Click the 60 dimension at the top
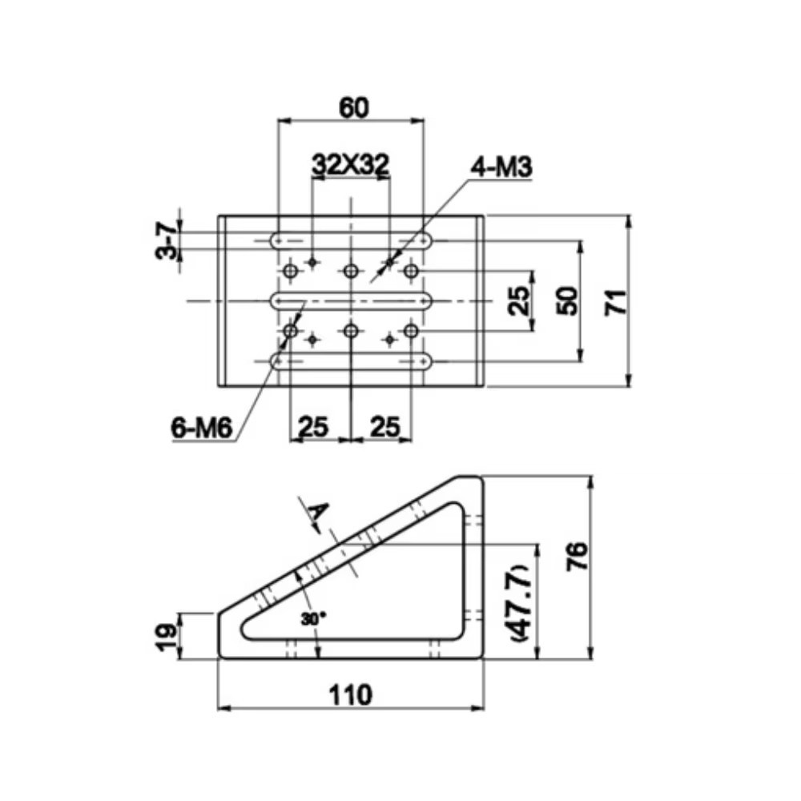tap(353, 108)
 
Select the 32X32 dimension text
tap(351, 163)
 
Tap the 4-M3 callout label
tap(501, 167)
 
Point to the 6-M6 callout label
tap(202, 427)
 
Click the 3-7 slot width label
tap(167, 240)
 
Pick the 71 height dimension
tap(615, 301)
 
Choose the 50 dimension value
tap(568, 301)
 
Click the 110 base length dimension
tap(351, 694)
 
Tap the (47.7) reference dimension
tap(521, 603)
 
